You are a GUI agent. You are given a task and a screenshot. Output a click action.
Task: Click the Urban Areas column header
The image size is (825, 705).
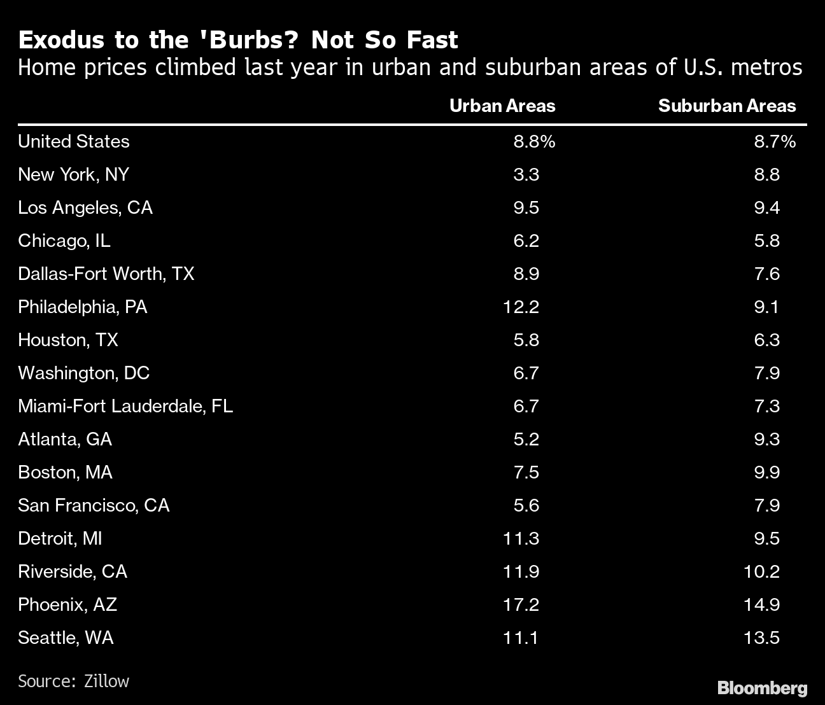click(502, 106)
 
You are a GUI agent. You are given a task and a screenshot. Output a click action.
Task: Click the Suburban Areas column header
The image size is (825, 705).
click(726, 106)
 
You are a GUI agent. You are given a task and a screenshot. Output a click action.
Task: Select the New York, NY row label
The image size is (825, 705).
click(73, 174)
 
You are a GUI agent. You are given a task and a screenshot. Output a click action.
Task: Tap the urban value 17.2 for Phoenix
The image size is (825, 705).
click(521, 604)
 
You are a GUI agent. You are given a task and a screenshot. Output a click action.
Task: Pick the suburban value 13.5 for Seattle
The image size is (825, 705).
click(761, 638)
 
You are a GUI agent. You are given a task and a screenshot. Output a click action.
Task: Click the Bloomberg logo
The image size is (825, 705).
click(762, 688)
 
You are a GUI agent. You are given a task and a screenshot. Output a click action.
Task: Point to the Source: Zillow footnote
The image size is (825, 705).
click(73, 681)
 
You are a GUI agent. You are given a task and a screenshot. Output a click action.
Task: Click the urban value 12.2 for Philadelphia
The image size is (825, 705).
click(521, 307)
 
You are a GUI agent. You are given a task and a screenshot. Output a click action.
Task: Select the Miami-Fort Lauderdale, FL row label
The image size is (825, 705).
click(125, 406)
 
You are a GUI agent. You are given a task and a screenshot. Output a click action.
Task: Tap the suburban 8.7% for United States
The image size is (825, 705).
click(775, 141)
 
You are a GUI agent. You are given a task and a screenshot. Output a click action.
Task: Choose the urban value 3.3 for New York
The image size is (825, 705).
click(526, 174)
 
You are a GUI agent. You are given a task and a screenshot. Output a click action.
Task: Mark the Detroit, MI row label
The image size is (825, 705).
click(60, 538)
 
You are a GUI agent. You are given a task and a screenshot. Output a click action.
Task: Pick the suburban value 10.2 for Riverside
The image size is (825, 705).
click(761, 571)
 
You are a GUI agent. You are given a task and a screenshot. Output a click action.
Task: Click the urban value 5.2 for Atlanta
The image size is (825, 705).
click(526, 439)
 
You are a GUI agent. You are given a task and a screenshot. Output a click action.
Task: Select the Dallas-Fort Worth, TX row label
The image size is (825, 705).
click(106, 274)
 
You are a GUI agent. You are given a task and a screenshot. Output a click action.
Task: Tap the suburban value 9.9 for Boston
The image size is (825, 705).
click(766, 472)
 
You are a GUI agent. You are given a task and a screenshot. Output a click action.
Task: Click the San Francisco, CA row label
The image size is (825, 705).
click(94, 505)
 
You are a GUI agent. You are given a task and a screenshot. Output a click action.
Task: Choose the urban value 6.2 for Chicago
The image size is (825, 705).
click(526, 241)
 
